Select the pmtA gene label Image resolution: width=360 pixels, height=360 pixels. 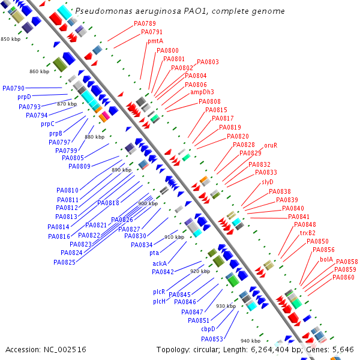[x=155, y=41]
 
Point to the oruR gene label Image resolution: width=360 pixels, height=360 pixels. [x=271, y=145]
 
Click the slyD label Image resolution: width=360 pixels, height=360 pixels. [x=268, y=182]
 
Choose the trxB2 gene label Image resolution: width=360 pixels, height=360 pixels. [x=308, y=233]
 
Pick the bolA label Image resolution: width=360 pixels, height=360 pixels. [x=326, y=259]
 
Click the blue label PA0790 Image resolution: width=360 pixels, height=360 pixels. [x=13, y=88]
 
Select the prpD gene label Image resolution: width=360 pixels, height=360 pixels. [x=24, y=97]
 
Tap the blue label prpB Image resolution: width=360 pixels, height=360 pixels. [x=56, y=133]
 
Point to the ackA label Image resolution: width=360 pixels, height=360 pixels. [x=160, y=263]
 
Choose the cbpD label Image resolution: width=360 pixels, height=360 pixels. [x=208, y=329]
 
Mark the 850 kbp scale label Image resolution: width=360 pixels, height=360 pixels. [x=10, y=39]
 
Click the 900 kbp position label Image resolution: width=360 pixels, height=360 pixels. [x=147, y=203]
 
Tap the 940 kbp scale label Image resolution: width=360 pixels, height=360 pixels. [x=250, y=341]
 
